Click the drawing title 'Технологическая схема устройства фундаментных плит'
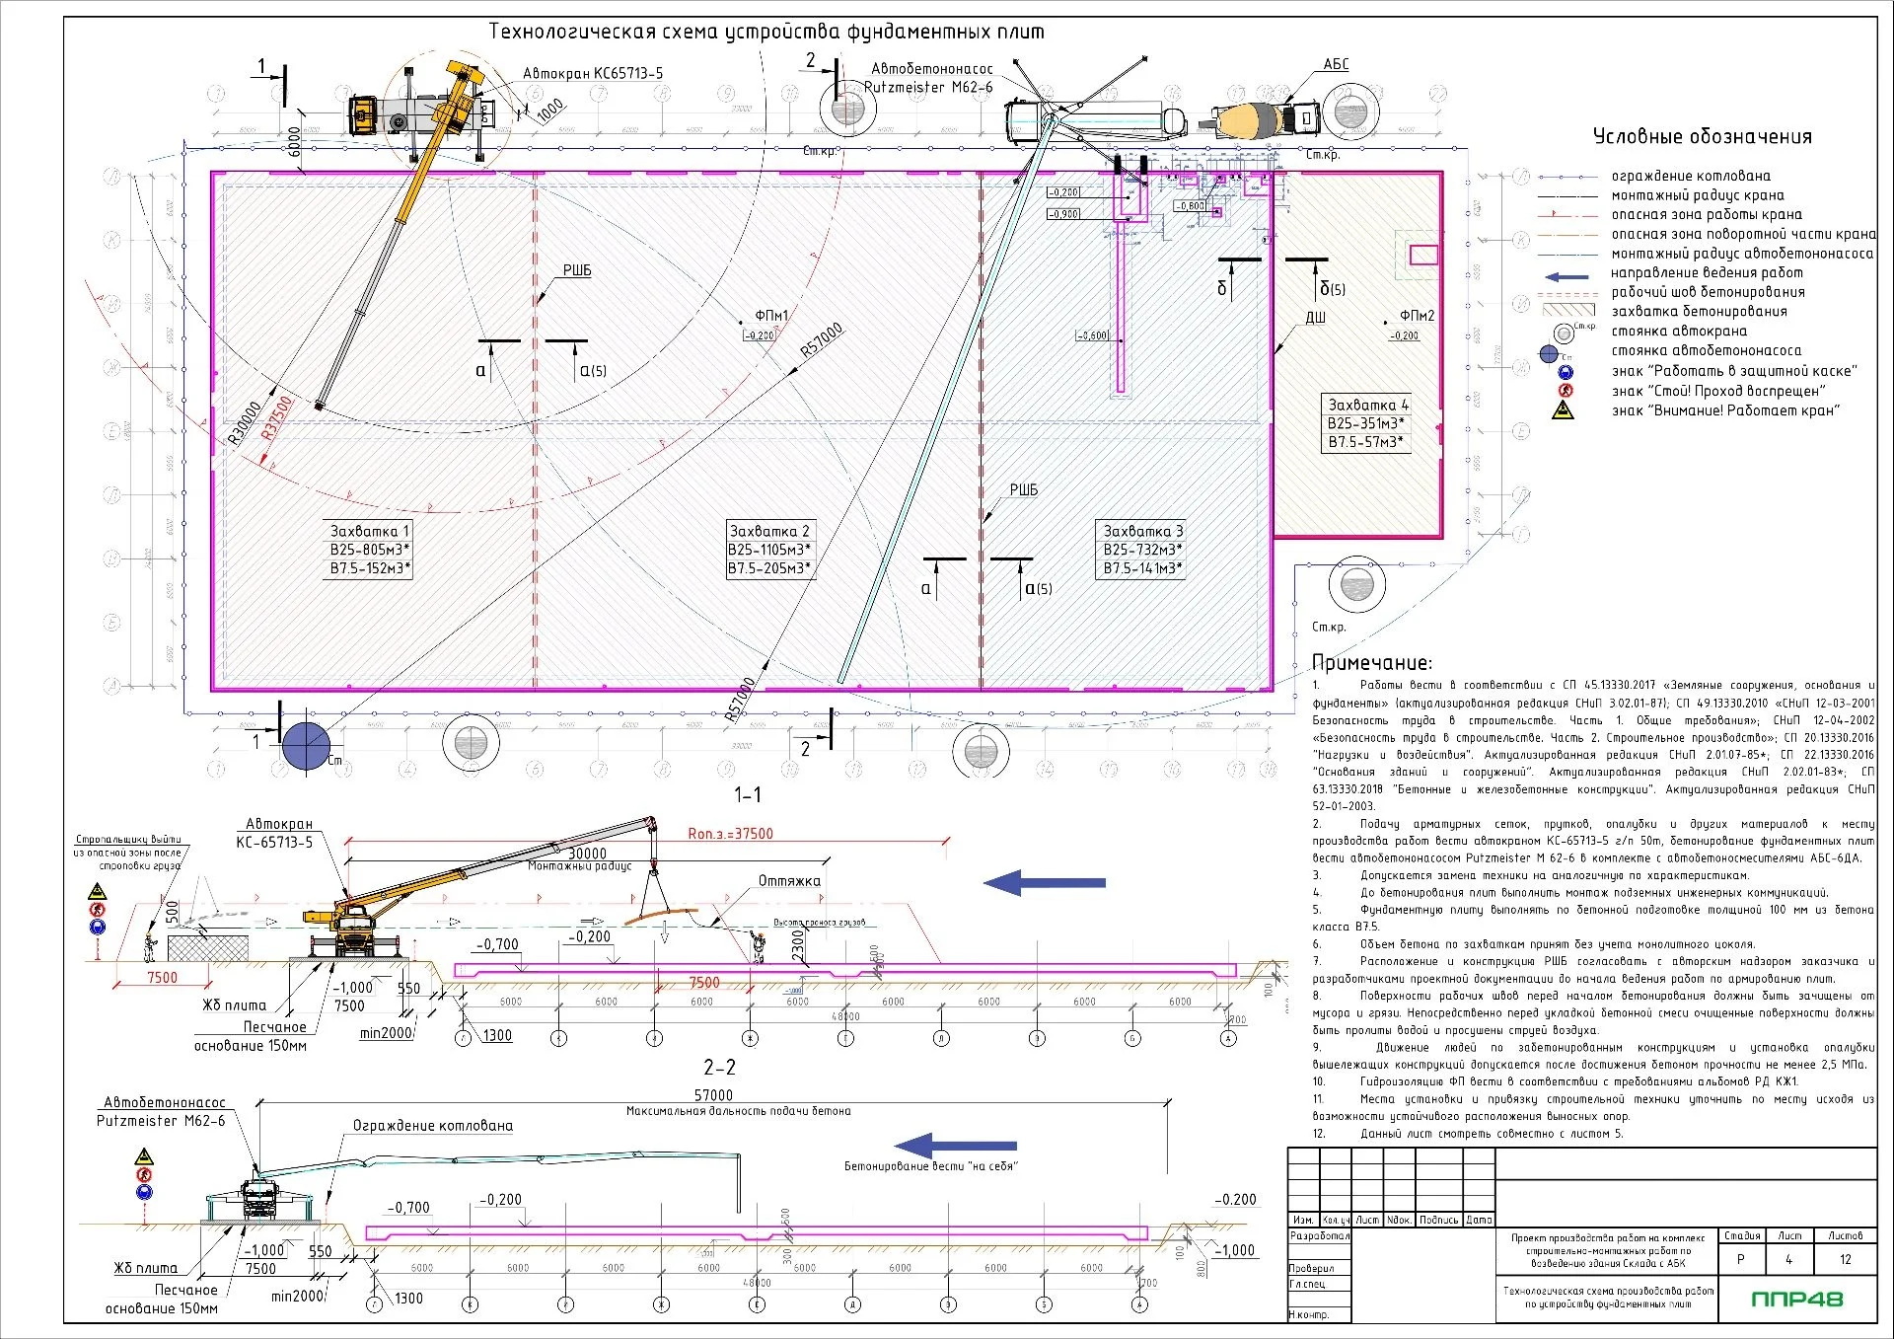766,32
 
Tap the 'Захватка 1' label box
369,550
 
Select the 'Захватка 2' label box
769,550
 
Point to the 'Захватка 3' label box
1142,550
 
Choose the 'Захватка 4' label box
1366,423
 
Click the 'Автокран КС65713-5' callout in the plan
592,73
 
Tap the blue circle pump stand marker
306,745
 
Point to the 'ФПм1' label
771,316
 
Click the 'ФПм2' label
1417,316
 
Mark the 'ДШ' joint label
1315,318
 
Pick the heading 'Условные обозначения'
1702,137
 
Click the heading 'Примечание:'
1371,663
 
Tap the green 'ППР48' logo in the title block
1796,1299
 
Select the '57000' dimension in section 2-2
713,1095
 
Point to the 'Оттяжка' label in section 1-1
788,881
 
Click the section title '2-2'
719,1068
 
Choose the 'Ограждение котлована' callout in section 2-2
433,1126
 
